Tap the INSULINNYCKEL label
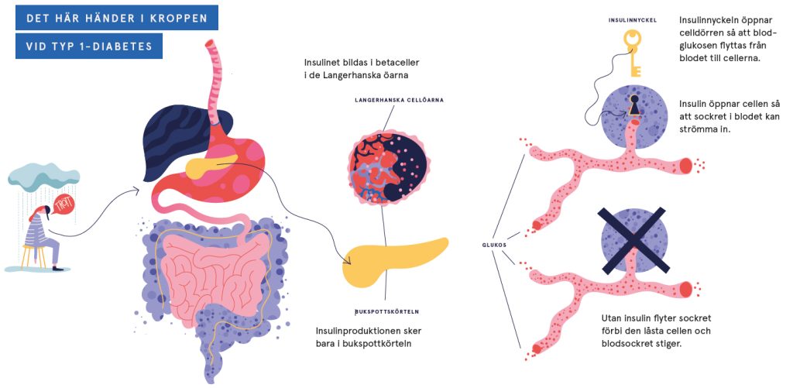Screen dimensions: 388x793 click(x=633, y=20)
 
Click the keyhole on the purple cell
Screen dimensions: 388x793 click(x=634, y=104)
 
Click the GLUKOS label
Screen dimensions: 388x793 click(x=493, y=244)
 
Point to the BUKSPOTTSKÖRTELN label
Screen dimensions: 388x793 click(x=387, y=312)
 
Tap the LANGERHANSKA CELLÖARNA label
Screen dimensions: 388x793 click(x=400, y=100)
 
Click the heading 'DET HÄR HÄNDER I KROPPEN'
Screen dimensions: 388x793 click(x=117, y=17)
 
